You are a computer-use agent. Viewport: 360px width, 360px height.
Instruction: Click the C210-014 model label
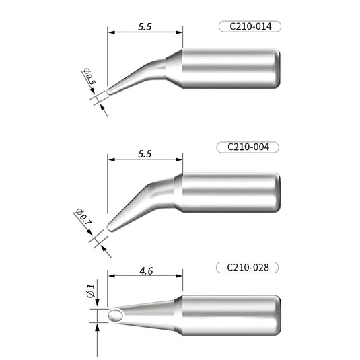249,27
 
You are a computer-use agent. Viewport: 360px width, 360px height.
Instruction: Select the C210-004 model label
249,147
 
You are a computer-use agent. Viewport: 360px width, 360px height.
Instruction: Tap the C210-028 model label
249,267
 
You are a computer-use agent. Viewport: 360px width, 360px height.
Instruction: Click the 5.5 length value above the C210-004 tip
145,153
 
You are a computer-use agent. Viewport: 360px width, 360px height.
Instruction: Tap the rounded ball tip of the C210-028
114,316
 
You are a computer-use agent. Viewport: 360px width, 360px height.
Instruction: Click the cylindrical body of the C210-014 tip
229,69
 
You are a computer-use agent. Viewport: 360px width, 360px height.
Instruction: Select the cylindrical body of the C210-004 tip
229,192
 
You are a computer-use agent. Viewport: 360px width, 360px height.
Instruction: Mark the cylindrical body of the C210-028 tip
229,315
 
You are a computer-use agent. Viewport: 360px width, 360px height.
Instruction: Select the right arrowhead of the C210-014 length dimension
179,31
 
